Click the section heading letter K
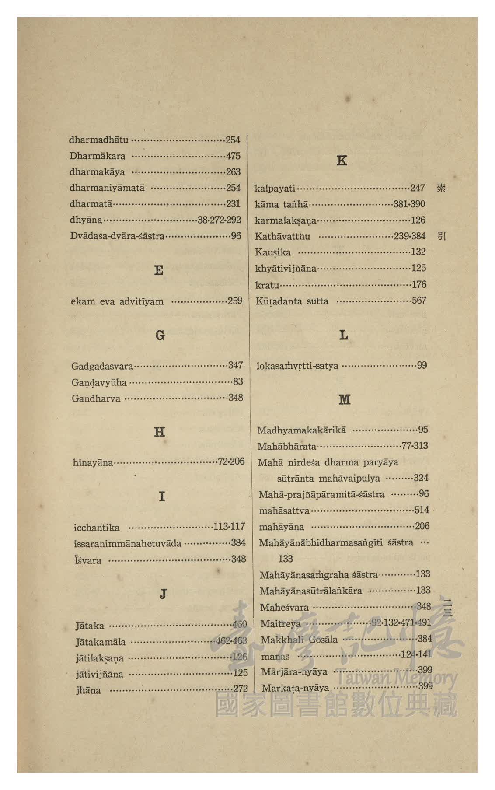(x=342, y=161)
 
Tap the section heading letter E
(x=159, y=270)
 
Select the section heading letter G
(x=160, y=336)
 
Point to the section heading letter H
(x=160, y=432)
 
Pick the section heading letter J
(x=163, y=594)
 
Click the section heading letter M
(x=344, y=399)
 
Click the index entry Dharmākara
(x=97, y=156)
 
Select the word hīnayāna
(x=93, y=462)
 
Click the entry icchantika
(x=97, y=528)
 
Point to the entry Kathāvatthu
(x=282, y=236)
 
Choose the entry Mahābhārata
(x=286, y=447)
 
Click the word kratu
(x=267, y=285)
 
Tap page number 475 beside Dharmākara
(x=233, y=156)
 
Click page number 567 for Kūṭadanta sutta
(x=419, y=301)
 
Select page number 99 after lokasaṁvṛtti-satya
(x=422, y=365)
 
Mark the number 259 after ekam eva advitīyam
(x=235, y=301)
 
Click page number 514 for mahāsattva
(x=422, y=510)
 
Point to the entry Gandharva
(x=96, y=398)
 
